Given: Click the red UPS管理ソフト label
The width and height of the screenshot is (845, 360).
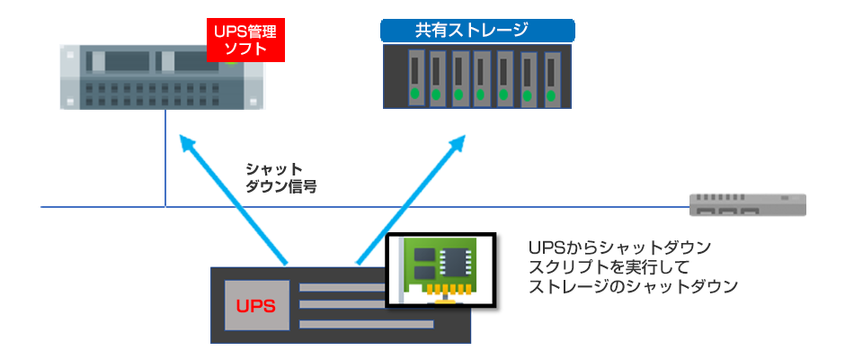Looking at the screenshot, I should tap(245, 40).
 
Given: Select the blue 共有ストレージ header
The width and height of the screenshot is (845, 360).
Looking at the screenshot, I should tap(477, 29).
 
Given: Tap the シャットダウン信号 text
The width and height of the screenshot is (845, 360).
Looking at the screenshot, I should tap(280, 179).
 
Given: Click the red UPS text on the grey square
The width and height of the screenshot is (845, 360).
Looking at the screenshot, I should tap(255, 305).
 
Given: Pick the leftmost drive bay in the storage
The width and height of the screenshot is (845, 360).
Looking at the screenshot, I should tap(414, 76).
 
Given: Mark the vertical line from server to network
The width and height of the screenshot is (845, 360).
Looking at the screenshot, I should tap(165, 162).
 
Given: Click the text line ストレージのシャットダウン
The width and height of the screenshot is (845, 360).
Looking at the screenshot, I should tap(635, 287).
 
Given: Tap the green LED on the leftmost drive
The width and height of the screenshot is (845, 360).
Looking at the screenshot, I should tap(414, 93).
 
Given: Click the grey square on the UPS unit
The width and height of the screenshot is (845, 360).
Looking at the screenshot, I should tap(255, 305).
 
